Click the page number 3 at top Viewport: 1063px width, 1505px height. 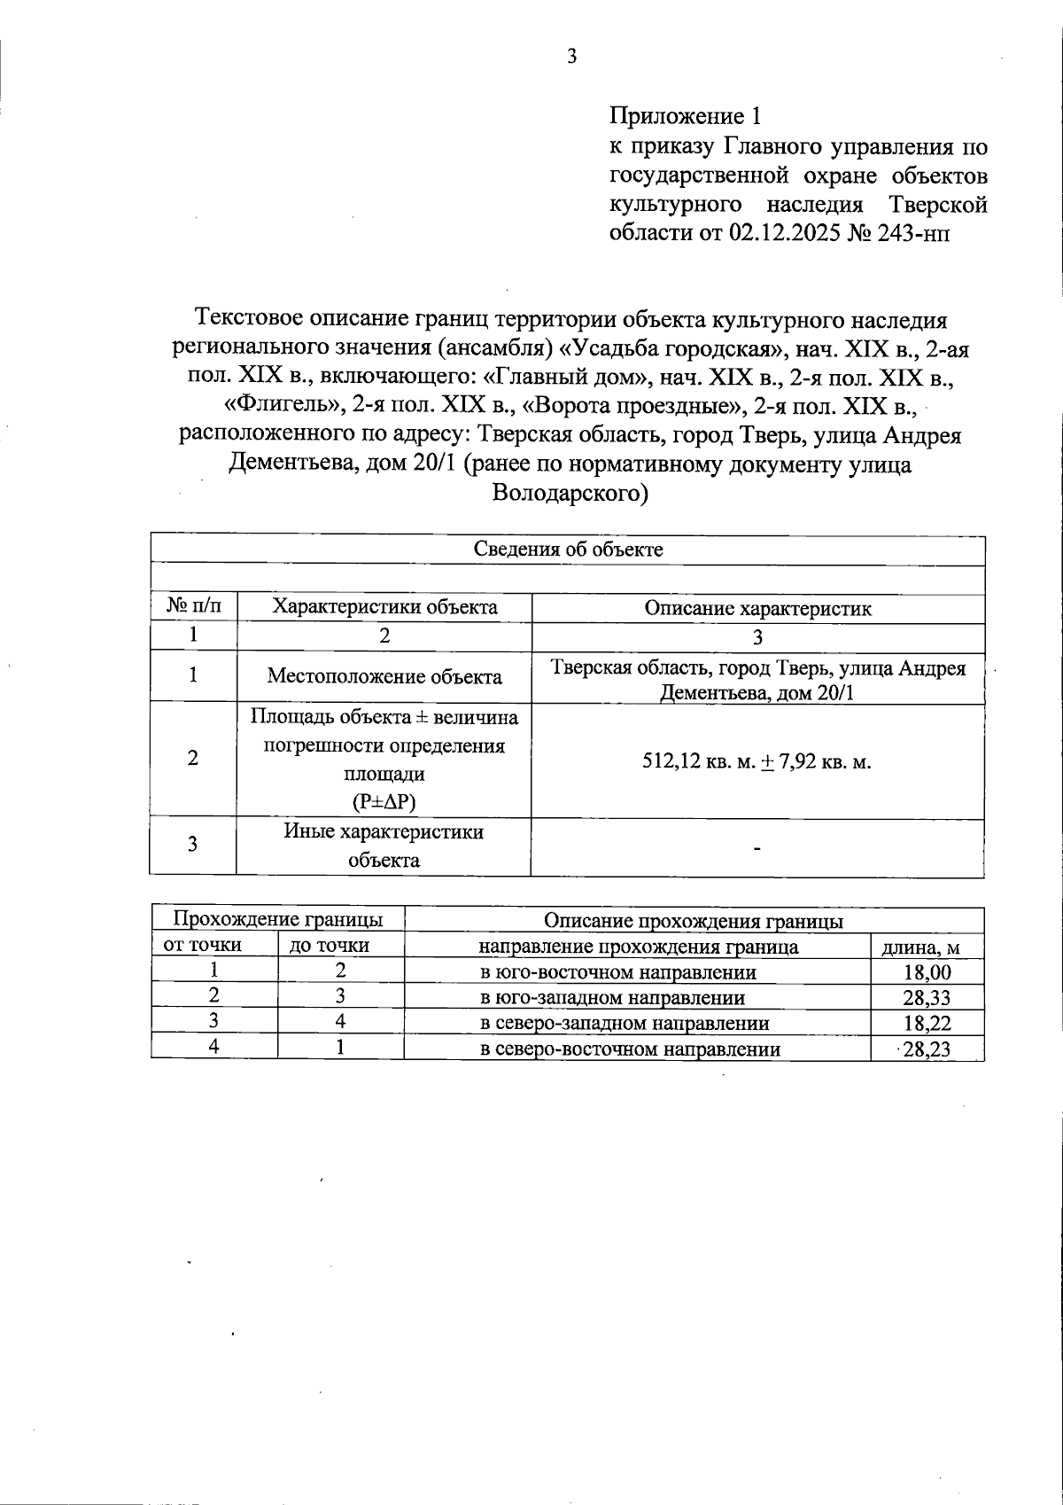pyautogui.click(x=571, y=57)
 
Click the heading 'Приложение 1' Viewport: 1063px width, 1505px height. pyautogui.click(x=685, y=116)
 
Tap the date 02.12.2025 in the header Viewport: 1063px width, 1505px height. pyautogui.click(x=784, y=233)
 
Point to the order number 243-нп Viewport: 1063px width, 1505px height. pyautogui.click(x=912, y=233)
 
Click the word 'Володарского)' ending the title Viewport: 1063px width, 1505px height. pyautogui.click(x=570, y=494)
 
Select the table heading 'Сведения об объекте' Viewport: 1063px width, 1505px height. pyautogui.click(x=568, y=550)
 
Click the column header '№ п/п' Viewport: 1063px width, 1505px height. pyautogui.click(x=193, y=607)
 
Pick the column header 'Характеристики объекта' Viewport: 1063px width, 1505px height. pyautogui.click(x=384, y=607)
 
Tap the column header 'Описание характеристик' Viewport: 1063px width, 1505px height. pyautogui.click(x=757, y=609)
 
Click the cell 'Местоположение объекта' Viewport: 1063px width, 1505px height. pyautogui.click(x=384, y=677)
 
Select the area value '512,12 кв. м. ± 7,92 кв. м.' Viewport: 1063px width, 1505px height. pyautogui.click(x=757, y=761)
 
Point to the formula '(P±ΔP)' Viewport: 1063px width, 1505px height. pyautogui.click(x=384, y=802)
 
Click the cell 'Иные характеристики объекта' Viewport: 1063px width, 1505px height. pyautogui.click(x=384, y=846)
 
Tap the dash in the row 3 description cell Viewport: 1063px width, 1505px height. pyautogui.click(x=757, y=849)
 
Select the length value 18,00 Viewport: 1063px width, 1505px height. pyautogui.click(x=927, y=972)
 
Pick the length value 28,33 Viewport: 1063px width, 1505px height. pyautogui.click(x=927, y=998)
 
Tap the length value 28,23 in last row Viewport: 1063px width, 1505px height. pyautogui.click(x=927, y=1050)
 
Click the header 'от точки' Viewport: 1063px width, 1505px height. pyautogui.click(x=203, y=945)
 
